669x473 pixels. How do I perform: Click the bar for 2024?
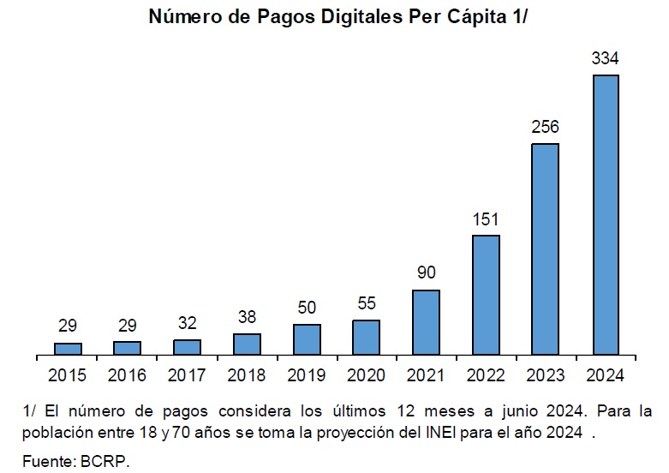[x=606, y=215]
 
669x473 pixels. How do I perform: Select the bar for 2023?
[x=546, y=249]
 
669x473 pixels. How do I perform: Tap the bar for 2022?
[x=486, y=295]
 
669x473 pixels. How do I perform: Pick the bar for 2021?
[x=426, y=323]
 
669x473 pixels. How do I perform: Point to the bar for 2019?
[x=307, y=340]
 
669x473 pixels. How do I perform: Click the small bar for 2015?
[x=68, y=349]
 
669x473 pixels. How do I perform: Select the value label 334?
[x=605, y=58]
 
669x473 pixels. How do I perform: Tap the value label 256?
[x=545, y=127]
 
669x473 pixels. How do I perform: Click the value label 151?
[x=486, y=219]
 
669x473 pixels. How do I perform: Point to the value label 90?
[x=427, y=272]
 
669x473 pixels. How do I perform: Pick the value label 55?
[x=367, y=303]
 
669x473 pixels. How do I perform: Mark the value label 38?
[x=247, y=317]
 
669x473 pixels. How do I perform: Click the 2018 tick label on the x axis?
[x=247, y=375]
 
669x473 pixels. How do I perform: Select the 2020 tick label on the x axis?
[x=366, y=375]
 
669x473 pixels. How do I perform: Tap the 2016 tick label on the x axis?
[x=127, y=375]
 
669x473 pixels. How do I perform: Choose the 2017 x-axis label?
[x=187, y=375]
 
